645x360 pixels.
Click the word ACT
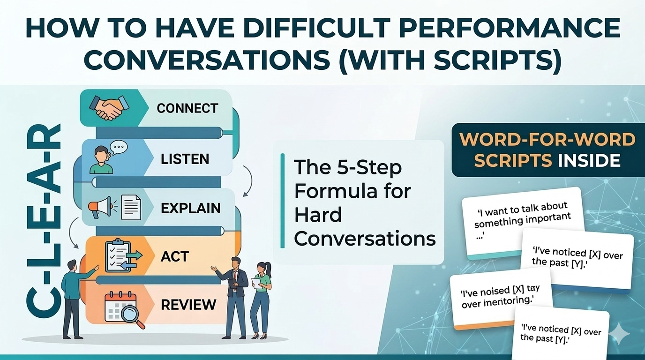(174, 256)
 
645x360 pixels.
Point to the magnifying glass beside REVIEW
(133, 315)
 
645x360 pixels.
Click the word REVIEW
(188, 305)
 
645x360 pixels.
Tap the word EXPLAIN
(190, 208)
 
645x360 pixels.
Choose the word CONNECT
(187, 108)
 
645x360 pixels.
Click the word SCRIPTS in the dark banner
(512, 160)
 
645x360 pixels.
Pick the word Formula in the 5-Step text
(352, 191)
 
